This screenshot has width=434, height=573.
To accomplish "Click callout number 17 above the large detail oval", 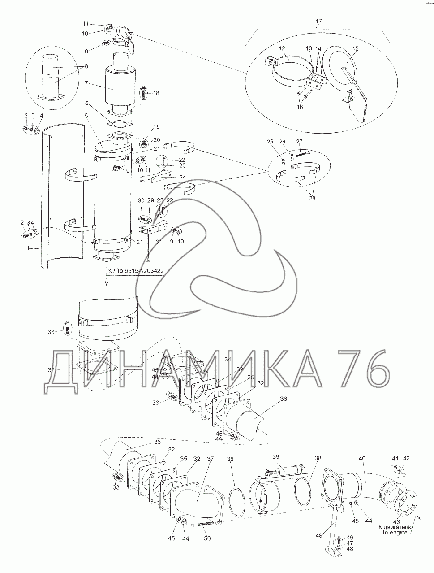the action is pyautogui.click(x=318, y=21).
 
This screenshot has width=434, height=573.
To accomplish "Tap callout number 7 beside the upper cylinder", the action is pyautogui.click(x=86, y=83).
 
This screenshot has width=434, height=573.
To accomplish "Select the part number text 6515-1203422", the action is pyautogui.click(x=144, y=271).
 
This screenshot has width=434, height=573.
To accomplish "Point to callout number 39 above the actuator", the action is pyautogui.click(x=276, y=456).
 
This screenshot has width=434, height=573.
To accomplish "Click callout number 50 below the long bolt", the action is pyautogui.click(x=207, y=538).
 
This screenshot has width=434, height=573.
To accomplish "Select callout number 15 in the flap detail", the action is pyautogui.click(x=355, y=48).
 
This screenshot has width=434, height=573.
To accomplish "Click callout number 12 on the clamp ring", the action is pyautogui.click(x=282, y=48).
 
